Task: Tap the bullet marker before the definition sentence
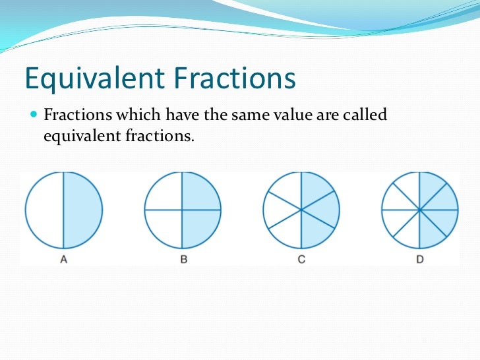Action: [x=34, y=115]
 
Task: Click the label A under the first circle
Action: [x=64, y=259]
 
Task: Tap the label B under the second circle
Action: [x=183, y=259]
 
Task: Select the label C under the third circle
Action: [x=301, y=259]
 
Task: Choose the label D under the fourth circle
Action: [x=420, y=259]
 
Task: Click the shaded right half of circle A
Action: [x=82, y=210]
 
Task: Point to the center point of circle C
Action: [x=301, y=210]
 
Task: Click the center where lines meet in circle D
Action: [x=420, y=210]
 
